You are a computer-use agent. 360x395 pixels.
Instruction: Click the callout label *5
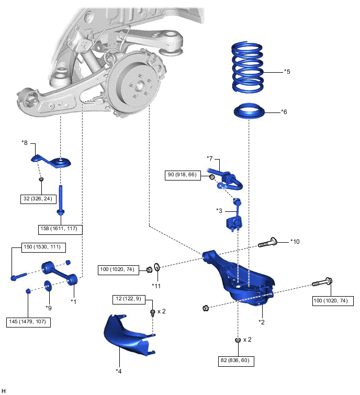coord(286,71)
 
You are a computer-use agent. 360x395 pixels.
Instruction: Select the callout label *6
coord(284,111)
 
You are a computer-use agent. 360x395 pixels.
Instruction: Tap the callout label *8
coord(26,142)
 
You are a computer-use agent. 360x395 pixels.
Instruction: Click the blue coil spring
coord(252,65)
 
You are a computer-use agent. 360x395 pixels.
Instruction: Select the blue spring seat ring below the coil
coord(250,112)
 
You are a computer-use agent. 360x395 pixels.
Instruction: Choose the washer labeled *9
coord(49,286)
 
